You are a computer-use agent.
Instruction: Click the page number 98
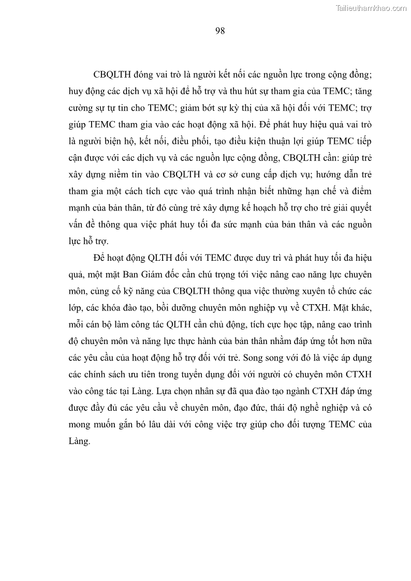pyautogui.click(x=219, y=31)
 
